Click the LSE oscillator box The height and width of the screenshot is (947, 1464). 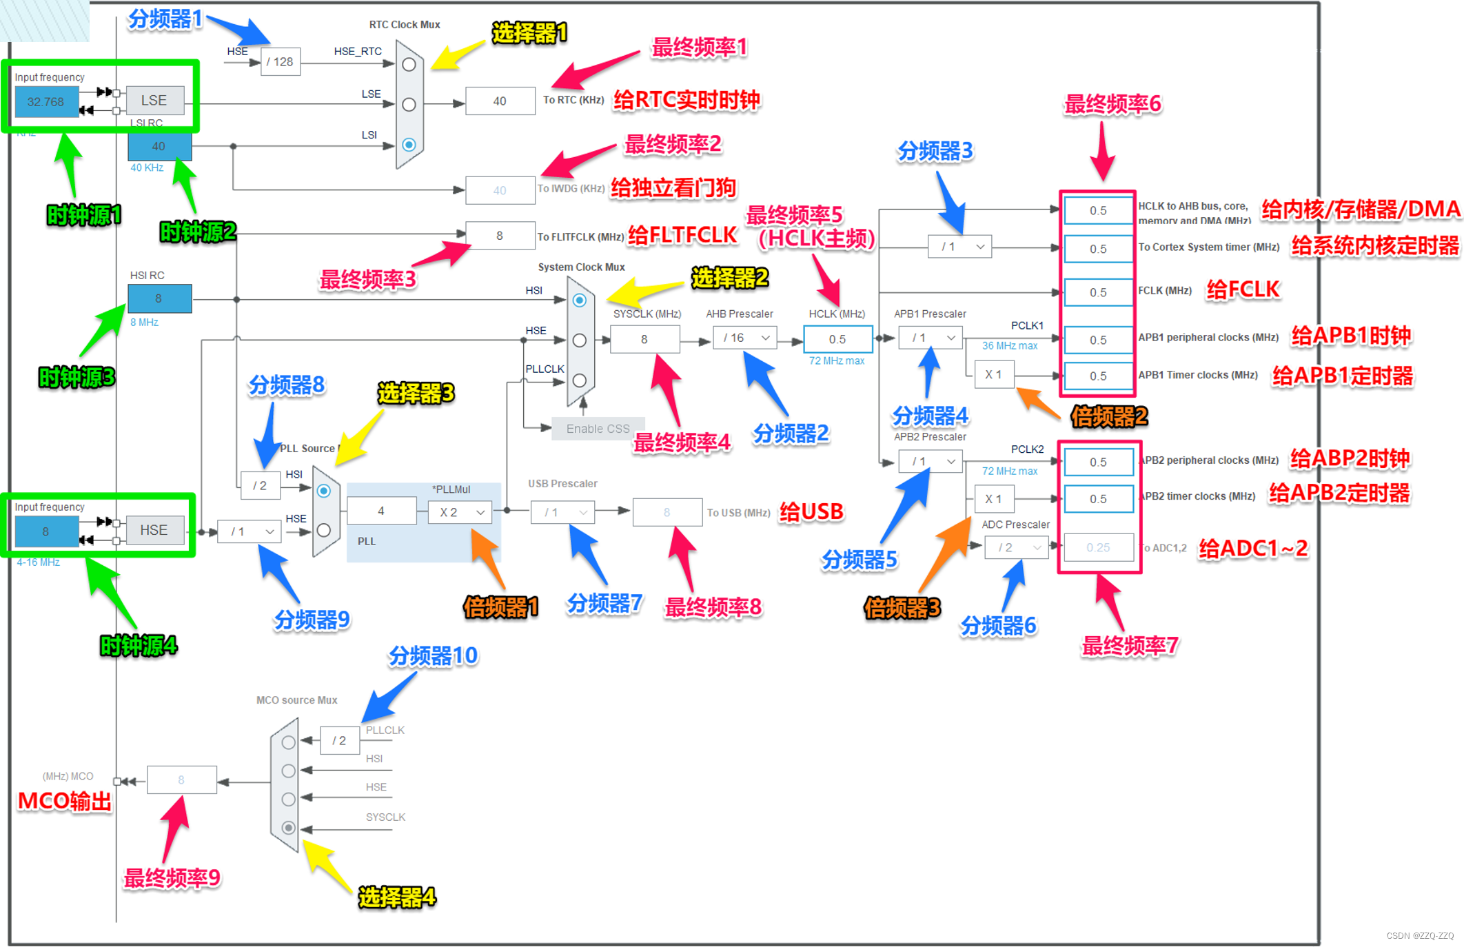point(154,101)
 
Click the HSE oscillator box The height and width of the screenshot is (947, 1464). point(154,530)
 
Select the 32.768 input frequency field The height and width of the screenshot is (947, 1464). point(46,102)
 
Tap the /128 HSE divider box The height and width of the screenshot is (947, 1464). point(281,62)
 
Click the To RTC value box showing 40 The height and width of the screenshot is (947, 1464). point(500,101)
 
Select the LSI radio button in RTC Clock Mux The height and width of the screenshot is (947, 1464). point(409,145)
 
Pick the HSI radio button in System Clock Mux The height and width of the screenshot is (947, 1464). point(580,300)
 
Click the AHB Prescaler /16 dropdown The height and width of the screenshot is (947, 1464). point(745,338)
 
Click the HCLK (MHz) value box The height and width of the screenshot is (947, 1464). point(837,339)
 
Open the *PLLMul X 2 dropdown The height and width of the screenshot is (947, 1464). point(460,512)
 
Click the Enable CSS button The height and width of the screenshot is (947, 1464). point(598,429)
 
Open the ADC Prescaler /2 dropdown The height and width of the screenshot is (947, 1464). point(1017,547)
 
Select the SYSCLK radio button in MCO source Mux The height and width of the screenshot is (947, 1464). point(289,827)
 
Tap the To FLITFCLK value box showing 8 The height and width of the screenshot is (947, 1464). point(500,236)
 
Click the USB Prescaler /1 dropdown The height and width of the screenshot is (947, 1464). point(562,512)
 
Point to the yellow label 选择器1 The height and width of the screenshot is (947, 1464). point(529,32)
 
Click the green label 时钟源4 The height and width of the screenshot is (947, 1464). point(139,646)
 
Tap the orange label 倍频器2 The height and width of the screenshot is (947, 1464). point(1109,416)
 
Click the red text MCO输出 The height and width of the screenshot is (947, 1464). point(65,802)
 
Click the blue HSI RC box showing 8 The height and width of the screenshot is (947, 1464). point(159,298)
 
